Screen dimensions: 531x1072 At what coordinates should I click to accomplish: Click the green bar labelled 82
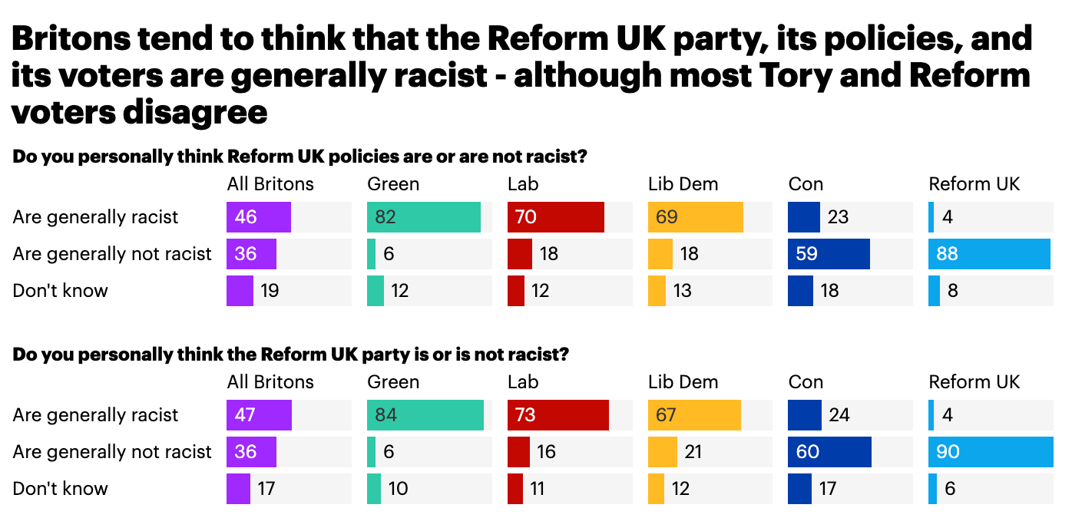[424, 217]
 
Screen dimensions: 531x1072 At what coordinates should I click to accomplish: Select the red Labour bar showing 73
[558, 415]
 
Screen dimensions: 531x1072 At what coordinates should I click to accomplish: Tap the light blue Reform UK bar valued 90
[990, 452]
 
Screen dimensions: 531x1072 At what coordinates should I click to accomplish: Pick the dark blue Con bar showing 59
[829, 254]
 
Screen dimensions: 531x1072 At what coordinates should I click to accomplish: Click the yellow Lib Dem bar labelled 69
[695, 217]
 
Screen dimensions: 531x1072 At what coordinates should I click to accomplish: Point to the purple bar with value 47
[259, 415]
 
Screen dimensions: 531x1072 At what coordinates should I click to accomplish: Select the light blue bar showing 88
[989, 254]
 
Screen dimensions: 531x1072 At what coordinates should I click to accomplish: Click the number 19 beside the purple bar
[270, 291]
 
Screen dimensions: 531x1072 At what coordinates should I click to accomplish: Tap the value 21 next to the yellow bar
[693, 452]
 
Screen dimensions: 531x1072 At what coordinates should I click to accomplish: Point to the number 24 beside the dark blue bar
[839, 415]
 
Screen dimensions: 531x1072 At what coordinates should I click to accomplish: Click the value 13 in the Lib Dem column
[682, 291]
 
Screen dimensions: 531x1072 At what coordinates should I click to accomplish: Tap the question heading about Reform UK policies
[300, 157]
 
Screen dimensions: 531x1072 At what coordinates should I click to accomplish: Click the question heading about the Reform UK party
[290, 355]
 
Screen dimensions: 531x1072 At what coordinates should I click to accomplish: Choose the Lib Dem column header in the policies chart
[683, 184]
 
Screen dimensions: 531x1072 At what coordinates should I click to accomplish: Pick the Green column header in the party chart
[393, 382]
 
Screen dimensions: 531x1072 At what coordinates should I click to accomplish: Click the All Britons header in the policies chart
[270, 184]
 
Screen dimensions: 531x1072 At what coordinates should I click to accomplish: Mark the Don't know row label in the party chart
[61, 489]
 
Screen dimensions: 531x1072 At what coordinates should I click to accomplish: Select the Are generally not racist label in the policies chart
[112, 254]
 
